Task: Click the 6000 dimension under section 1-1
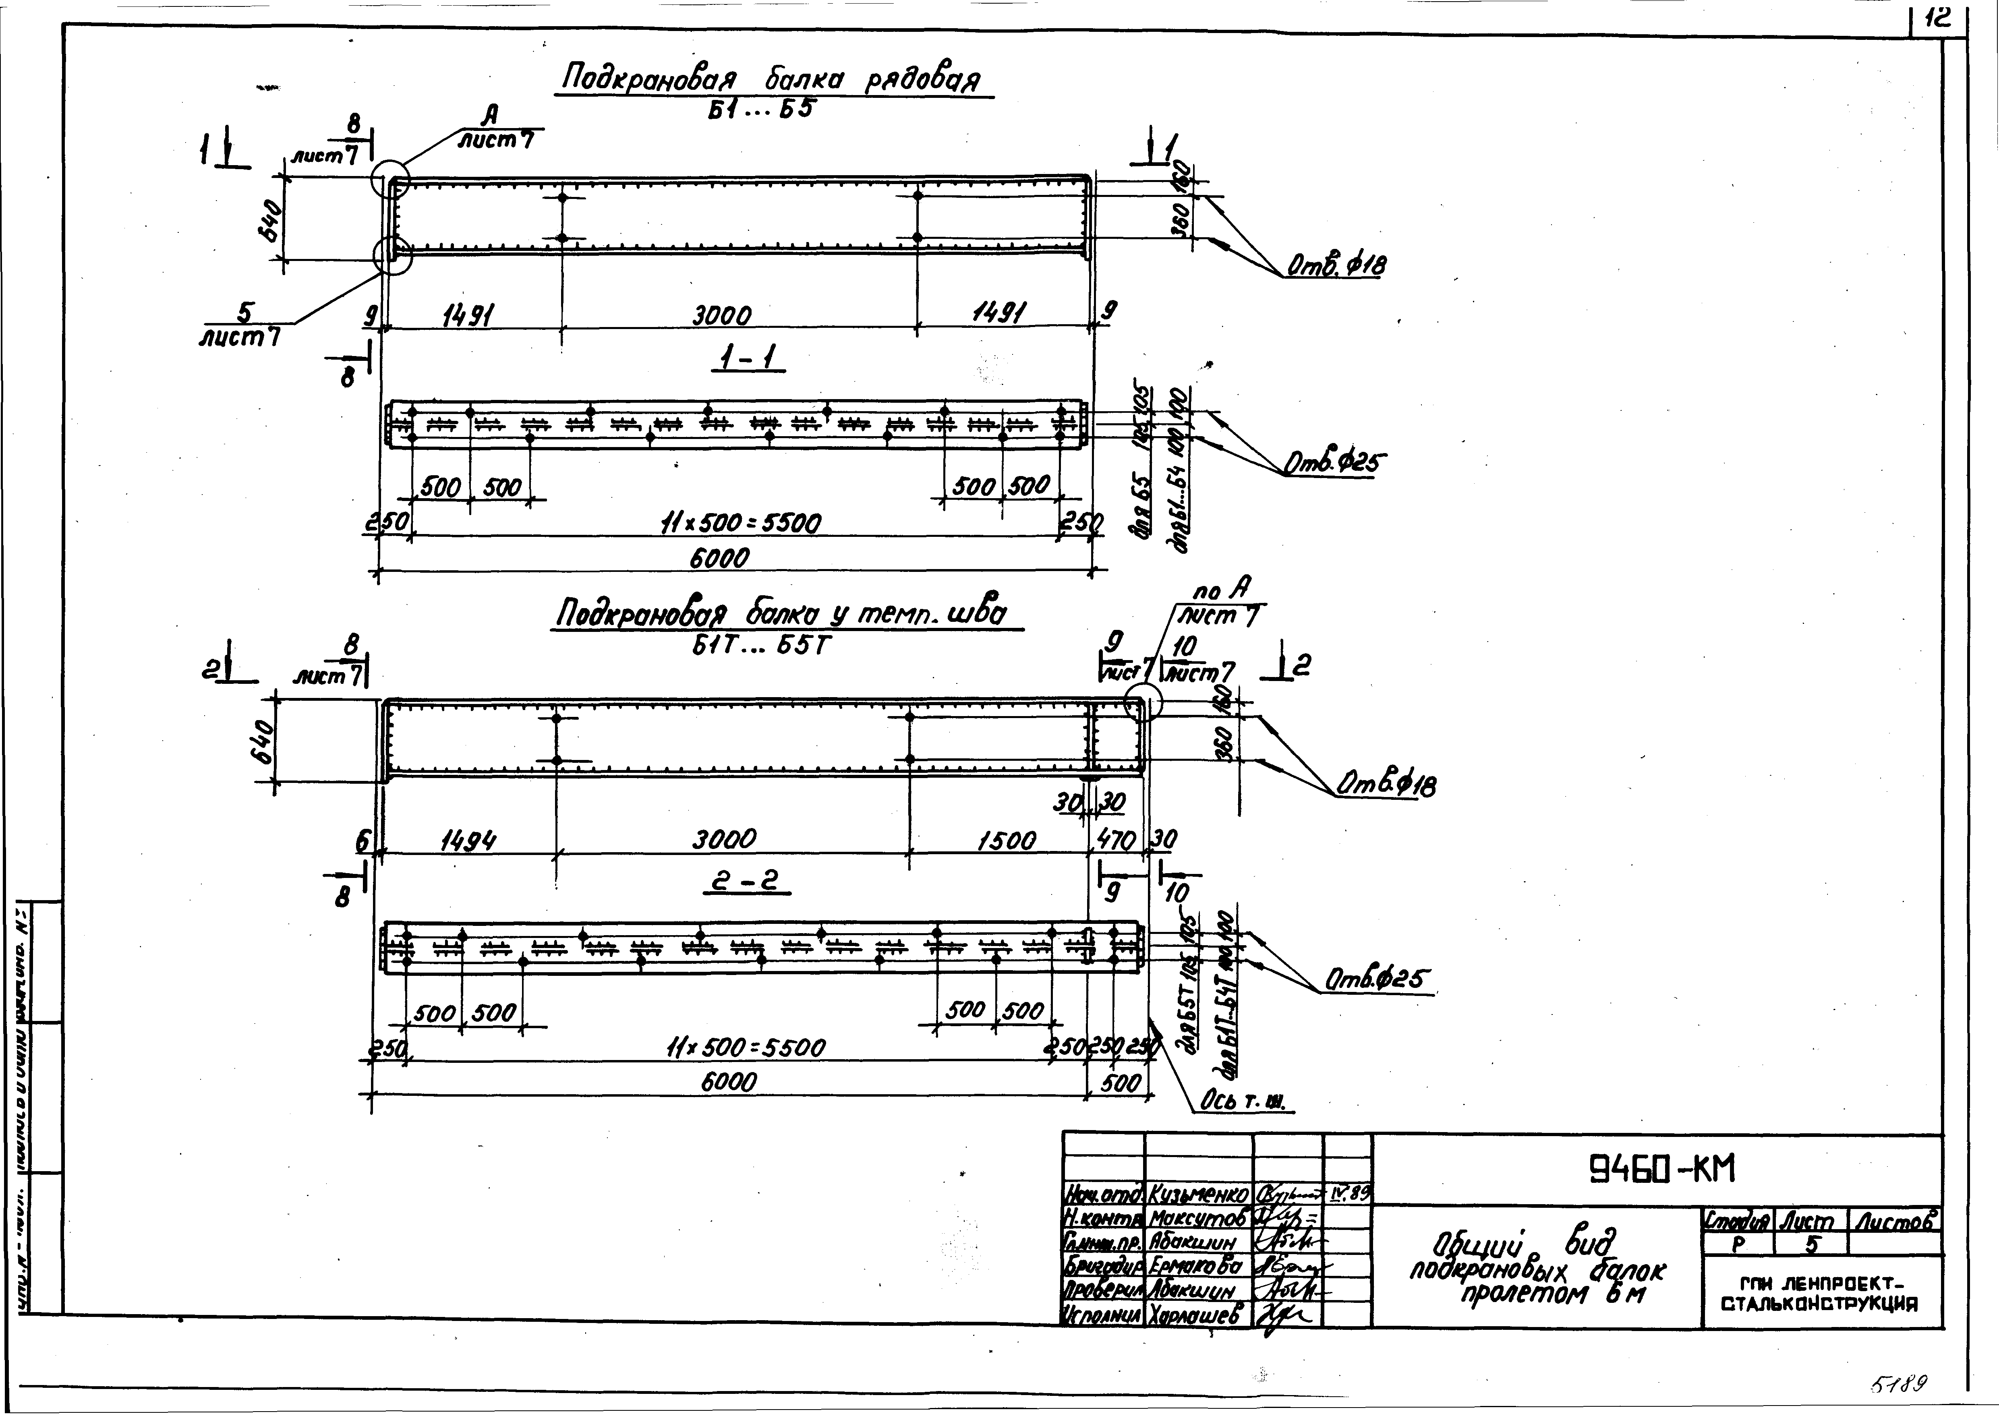[719, 557]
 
